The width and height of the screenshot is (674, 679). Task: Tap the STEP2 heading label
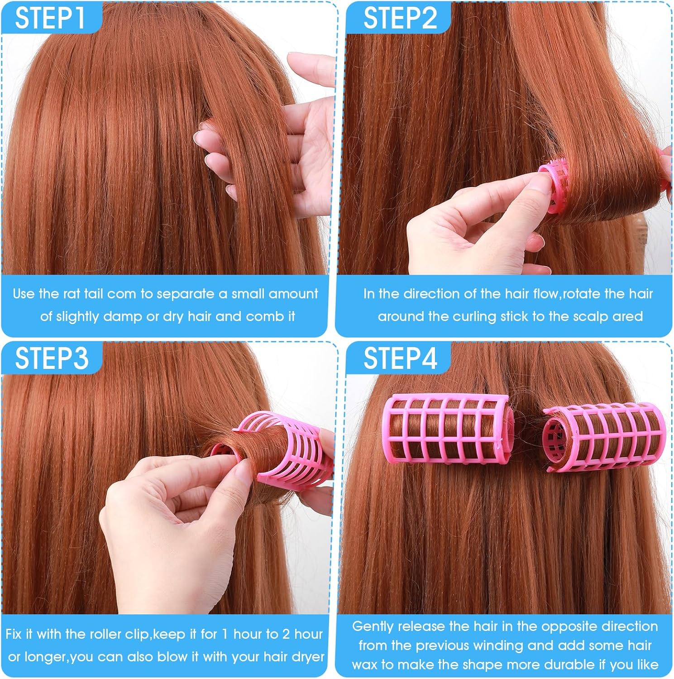[x=400, y=18]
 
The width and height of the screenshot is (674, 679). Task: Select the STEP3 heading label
[x=52, y=358]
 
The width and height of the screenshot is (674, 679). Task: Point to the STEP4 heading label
[x=400, y=358]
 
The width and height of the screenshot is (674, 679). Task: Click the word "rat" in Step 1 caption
[x=71, y=294]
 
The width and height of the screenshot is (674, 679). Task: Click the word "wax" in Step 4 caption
[x=365, y=665]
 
